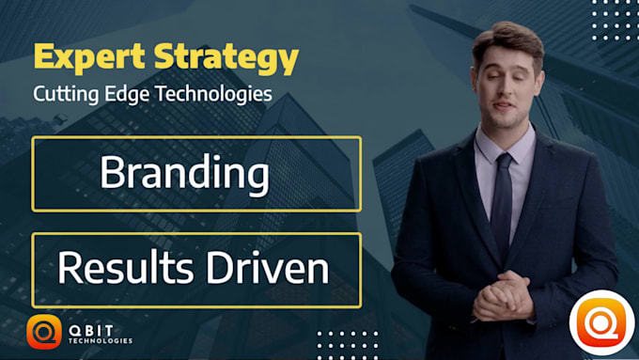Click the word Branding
tap(184, 174)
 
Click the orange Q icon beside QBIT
tap(44, 332)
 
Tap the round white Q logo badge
tap(601, 323)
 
